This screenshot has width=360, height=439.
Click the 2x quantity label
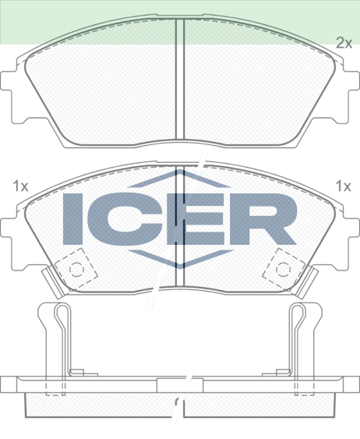pyautogui.click(x=344, y=44)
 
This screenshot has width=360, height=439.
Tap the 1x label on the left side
pyautogui.click(x=21, y=186)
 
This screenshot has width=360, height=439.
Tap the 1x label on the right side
pyautogui.click(x=343, y=186)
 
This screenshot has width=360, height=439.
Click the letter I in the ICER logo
pyautogui.click(x=72, y=218)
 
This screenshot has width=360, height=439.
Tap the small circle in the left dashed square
pyautogui.click(x=76, y=269)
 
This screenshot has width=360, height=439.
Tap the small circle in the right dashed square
pyautogui.click(x=283, y=269)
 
